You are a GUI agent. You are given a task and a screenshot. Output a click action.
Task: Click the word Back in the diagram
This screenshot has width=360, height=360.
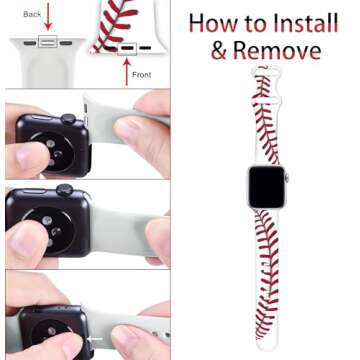(x=32, y=15)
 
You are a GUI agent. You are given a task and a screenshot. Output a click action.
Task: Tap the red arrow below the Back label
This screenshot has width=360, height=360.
(x=47, y=21)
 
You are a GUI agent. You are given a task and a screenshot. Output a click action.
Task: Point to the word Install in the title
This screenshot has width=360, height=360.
(x=301, y=23)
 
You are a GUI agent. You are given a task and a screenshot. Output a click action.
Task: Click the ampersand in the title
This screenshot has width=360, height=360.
(x=220, y=51)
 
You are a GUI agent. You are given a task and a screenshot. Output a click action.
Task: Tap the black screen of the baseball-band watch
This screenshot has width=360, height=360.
(x=266, y=187)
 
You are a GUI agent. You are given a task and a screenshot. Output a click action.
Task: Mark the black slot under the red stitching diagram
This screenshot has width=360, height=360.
(x=128, y=46)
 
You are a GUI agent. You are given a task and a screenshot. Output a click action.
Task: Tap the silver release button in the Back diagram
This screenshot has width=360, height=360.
(x=47, y=42)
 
